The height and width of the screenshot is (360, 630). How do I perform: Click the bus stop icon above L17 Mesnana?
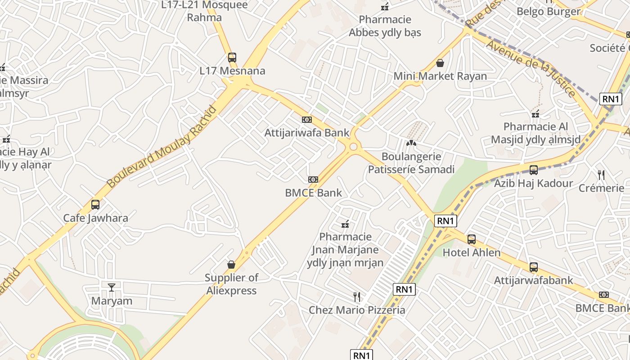click(232, 58)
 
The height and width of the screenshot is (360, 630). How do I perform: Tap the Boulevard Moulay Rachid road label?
click(162, 146)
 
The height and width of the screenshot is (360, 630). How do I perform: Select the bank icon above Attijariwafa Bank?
click(307, 120)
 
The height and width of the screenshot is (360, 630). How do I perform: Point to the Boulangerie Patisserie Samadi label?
click(411, 163)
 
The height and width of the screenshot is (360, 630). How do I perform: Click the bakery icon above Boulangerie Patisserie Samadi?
click(411, 143)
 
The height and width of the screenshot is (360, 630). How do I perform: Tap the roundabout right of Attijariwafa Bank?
click(353, 146)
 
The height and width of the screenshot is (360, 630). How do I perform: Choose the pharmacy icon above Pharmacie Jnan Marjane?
click(346, 224)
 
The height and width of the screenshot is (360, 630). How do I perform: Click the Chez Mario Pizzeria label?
click(357, 310)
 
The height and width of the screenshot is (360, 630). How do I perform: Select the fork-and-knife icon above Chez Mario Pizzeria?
click(357, 297)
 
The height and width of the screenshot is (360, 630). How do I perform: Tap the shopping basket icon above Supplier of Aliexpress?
click(231, 265)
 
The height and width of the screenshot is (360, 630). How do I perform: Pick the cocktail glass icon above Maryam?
click(112, 287)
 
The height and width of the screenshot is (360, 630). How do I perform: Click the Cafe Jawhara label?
click(95, 218)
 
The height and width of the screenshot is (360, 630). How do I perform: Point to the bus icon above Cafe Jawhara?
click(95, 205)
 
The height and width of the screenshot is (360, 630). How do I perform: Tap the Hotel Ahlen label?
click(472, 252)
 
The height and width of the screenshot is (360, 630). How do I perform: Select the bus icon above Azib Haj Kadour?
click(534, 170)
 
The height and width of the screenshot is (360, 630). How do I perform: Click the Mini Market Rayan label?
click(440, 76)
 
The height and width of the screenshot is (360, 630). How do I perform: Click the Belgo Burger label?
click(549, 12)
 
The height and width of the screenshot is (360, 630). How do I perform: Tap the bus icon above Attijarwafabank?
click(534, 267)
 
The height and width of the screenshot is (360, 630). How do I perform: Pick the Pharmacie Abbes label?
click(385, 26)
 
